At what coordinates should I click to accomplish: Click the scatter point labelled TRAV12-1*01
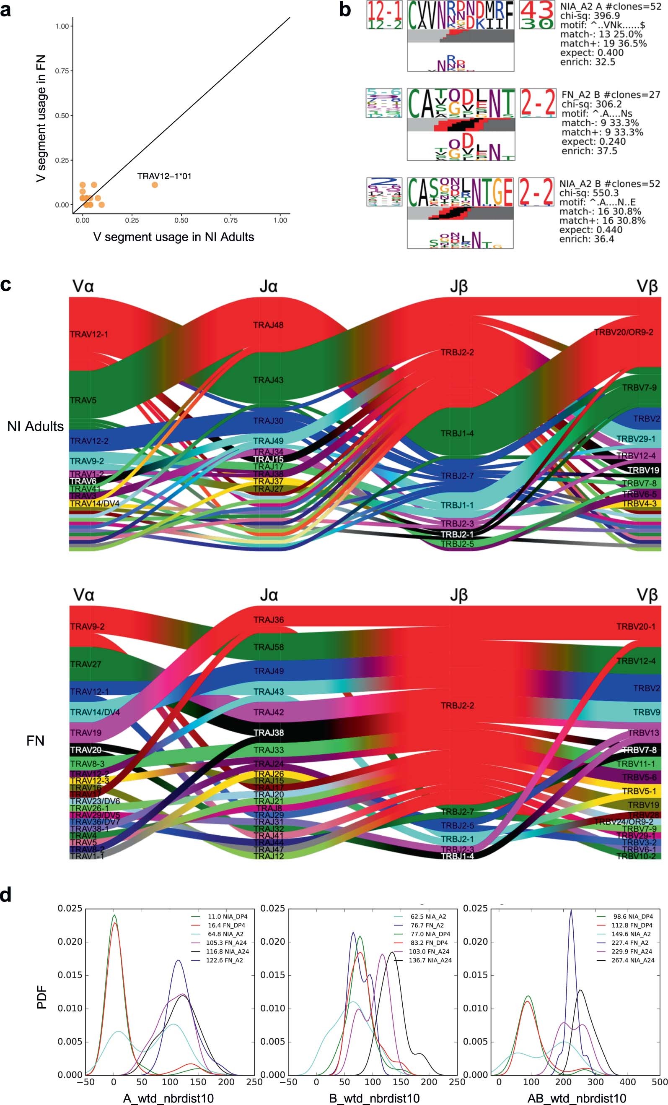[155, 185]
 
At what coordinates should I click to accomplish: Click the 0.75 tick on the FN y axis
[62, 71]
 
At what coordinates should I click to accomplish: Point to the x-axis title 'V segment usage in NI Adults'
[173, 237]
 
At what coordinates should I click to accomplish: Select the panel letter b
[344, 10]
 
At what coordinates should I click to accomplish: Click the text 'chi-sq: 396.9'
[590, 16]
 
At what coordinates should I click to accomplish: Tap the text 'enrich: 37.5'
[589, 151]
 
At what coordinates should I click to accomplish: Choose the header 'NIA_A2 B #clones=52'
[609, 184]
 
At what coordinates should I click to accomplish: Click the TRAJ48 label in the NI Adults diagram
[268, 325]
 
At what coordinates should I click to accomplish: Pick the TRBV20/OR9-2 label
[623, 332]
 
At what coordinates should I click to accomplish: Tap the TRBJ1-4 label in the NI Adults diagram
[457, 434]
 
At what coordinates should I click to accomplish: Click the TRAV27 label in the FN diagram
[85, 664]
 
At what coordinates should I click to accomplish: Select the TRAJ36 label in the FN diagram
[268, 620]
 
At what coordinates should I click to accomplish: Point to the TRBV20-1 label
[636, 626]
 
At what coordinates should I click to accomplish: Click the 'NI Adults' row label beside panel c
[35, 426]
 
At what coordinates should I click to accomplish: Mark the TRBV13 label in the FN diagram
[643, 733]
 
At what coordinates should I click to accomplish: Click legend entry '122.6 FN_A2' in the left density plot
[225, 961]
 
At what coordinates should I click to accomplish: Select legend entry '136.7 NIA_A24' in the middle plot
[430, 961]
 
